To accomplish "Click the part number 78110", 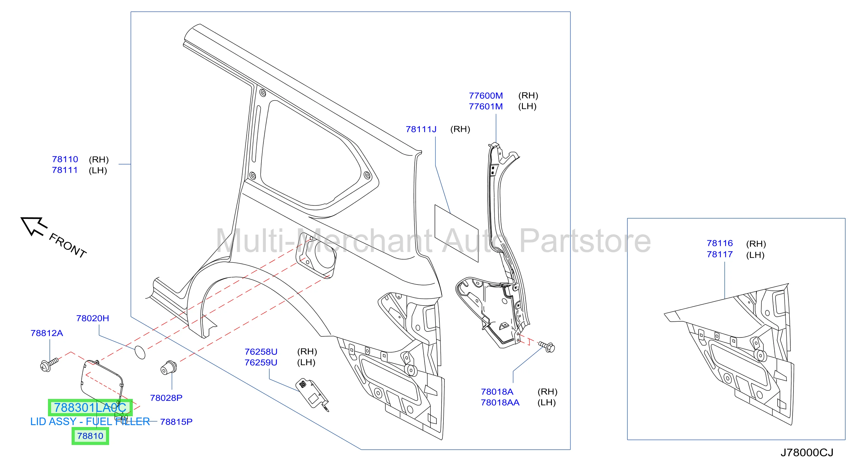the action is coord(65,159).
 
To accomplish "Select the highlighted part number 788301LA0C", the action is coord(90,407).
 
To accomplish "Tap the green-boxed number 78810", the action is coord(90,436).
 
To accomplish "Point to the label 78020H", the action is coord(92,318).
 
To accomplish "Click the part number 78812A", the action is coord(47,333).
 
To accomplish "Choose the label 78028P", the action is coord(166,398).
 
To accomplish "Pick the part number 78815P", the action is coord(176,422).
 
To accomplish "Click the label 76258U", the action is coord(261,352).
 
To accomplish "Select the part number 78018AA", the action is coord(500,402).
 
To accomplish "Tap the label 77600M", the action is coord(486,96).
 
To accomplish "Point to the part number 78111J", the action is coord(421,129).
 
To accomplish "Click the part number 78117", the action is coord(720,254).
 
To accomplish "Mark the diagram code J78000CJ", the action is coord(807,453).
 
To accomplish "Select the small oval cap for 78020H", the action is coord(140,352).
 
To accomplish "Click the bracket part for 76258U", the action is coord(312,394).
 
